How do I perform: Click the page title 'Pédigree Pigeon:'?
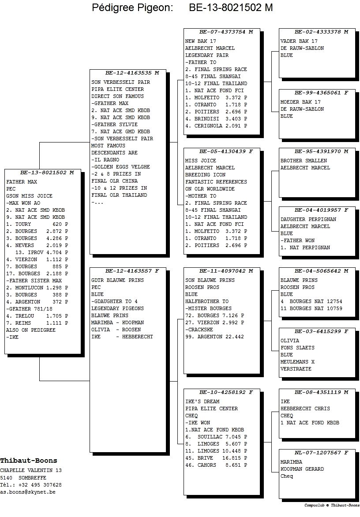click(x=132, y=7)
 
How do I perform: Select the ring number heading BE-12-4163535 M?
click(x=132, y=73)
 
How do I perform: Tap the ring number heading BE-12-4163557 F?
click(x=132, y=271)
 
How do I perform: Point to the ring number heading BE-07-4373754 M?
click(x=226, y=32)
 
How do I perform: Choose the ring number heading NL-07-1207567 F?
click(x=322, y=453)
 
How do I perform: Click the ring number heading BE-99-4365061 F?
click(x=322, y=93)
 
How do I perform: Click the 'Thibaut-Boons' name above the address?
click(x=29, y=461)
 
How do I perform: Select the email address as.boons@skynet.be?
click(x=28, y=492)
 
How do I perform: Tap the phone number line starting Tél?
click(x=30, y=485)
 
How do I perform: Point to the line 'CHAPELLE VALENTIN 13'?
click(x=30, y=470)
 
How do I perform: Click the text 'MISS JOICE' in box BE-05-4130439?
click(x=200, y=161)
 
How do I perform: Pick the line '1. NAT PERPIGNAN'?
click(x=305, y=247)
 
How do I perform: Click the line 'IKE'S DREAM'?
click(x=202, y=401)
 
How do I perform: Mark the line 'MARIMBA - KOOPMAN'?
click(x=118, y=322)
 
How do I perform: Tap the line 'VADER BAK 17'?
click(x=299, y=41)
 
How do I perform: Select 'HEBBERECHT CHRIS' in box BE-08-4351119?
click(x=305, y=408)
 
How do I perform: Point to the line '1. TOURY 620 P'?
click(x=37, y=224)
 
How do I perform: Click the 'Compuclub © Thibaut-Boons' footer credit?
click(x=332, y=505)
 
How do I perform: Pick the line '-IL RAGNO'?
click(x=105, y=160)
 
